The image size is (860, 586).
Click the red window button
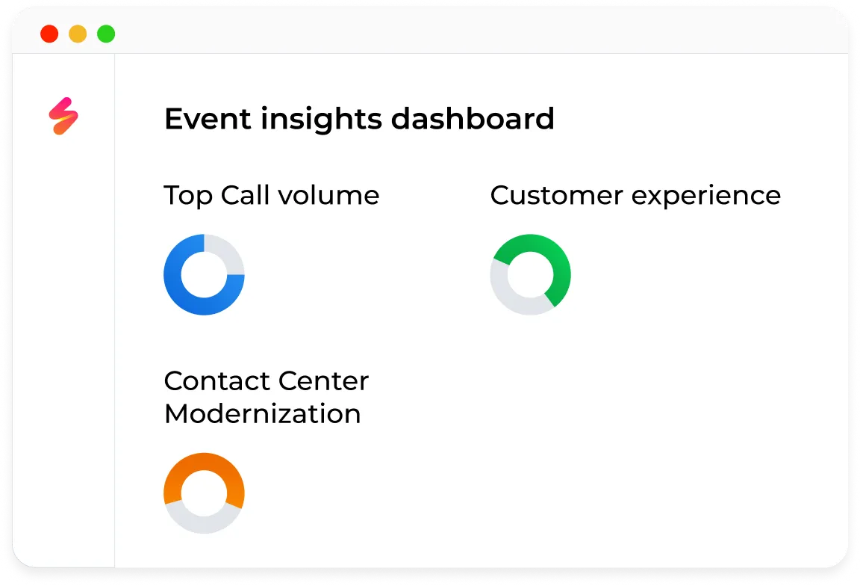[49, 34]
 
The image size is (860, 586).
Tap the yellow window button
[78, 34]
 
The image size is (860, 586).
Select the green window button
[106, 34]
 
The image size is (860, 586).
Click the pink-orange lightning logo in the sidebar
[63, 117]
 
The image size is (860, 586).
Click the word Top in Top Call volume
[188, 196]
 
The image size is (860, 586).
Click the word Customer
[556, 196]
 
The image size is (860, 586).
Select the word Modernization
[262, 413]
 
